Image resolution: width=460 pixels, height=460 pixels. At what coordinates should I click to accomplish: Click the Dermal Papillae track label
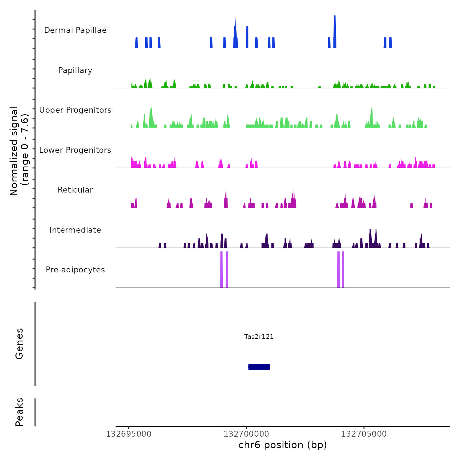click(x=75, y=30)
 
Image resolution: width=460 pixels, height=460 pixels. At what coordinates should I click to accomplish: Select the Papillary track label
click(x=75, y=70)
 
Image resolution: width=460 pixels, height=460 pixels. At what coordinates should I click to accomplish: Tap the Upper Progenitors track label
click(x=75, y=110)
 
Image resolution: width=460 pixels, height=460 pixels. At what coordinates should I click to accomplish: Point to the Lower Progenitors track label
click(x=75, y=150)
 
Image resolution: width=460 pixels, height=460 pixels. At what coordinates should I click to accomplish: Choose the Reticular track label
click(x=75, y=190)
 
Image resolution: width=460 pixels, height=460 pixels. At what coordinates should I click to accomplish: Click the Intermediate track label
click(x=75, y=230)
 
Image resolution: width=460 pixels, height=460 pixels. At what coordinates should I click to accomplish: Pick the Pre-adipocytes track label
click(x=75, y=270)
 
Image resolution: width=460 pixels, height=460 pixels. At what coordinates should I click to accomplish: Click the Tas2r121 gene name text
click(x=259, y=337)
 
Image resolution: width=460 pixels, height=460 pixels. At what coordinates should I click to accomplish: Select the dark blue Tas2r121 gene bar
click(x=259, y=367)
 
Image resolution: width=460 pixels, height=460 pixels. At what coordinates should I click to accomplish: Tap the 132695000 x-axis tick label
click(x=129, y=434)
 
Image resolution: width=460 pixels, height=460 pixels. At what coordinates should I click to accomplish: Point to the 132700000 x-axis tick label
click(x=246, y=434)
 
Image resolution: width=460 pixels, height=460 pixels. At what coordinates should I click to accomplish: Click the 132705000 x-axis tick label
click(x=364, y=434)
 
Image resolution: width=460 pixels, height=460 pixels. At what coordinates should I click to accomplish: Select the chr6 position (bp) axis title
click(x=283, y=445)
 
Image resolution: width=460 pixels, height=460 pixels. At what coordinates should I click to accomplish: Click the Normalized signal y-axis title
click(x=19, y=151)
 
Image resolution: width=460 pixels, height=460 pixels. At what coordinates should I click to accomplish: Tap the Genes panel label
click(x=19, y=344)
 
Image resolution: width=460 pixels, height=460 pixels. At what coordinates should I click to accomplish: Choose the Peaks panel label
click(x=19, y=412)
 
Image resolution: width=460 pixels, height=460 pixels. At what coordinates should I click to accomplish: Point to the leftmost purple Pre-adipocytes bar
click(x=221, y=269)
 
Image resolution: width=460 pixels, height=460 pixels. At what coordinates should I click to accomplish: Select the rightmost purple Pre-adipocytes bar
click(x=343, y=269)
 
